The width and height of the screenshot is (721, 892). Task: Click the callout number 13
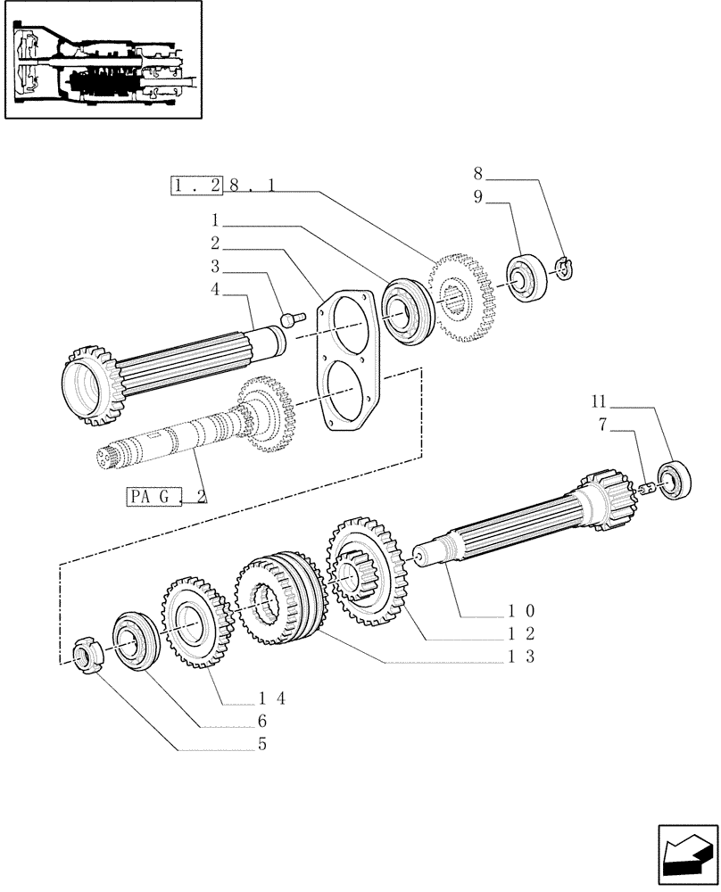[518, 657]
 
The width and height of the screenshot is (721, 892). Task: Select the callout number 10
[518, 611]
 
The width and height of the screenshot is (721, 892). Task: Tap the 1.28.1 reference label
[211, 187]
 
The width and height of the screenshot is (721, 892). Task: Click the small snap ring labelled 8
[563, 267]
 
